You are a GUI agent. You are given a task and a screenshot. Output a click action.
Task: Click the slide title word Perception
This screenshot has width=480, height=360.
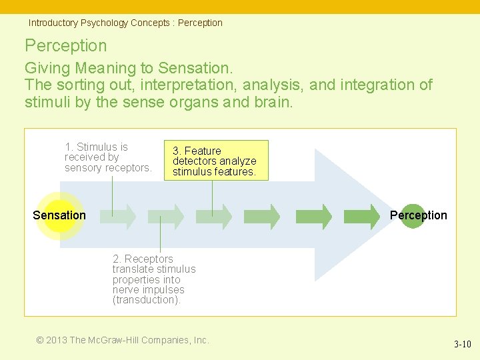click(x=65, y=45)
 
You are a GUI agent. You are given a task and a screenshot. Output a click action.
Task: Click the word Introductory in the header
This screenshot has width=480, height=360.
click(x=53, y=23)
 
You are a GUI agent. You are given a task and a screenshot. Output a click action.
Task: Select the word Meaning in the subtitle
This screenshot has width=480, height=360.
click(x=105, y=68)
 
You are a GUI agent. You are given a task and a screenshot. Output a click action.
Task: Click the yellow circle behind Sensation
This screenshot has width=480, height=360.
click(x=59, y=215)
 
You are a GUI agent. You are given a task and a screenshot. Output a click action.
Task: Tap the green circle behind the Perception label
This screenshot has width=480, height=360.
click(x=413, y=215)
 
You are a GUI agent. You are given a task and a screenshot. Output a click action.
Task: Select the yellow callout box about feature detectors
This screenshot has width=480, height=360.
click(x=215, y=161)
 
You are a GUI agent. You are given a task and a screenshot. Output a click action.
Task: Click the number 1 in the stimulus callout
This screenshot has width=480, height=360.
click(x=68, y=147)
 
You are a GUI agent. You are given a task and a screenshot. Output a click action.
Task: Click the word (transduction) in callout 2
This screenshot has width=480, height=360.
click(x=147, y=300)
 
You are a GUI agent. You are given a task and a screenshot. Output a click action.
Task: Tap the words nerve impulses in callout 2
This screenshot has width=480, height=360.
click(x=148, y=290)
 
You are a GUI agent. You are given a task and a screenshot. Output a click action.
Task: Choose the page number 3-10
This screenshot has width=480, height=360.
click(x=462, y=345)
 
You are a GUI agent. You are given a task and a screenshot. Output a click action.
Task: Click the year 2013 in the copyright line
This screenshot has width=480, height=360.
click(x=57, y=340)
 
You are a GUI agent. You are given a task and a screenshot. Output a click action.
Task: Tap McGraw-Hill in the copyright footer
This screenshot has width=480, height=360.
click(x=113, y=340)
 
